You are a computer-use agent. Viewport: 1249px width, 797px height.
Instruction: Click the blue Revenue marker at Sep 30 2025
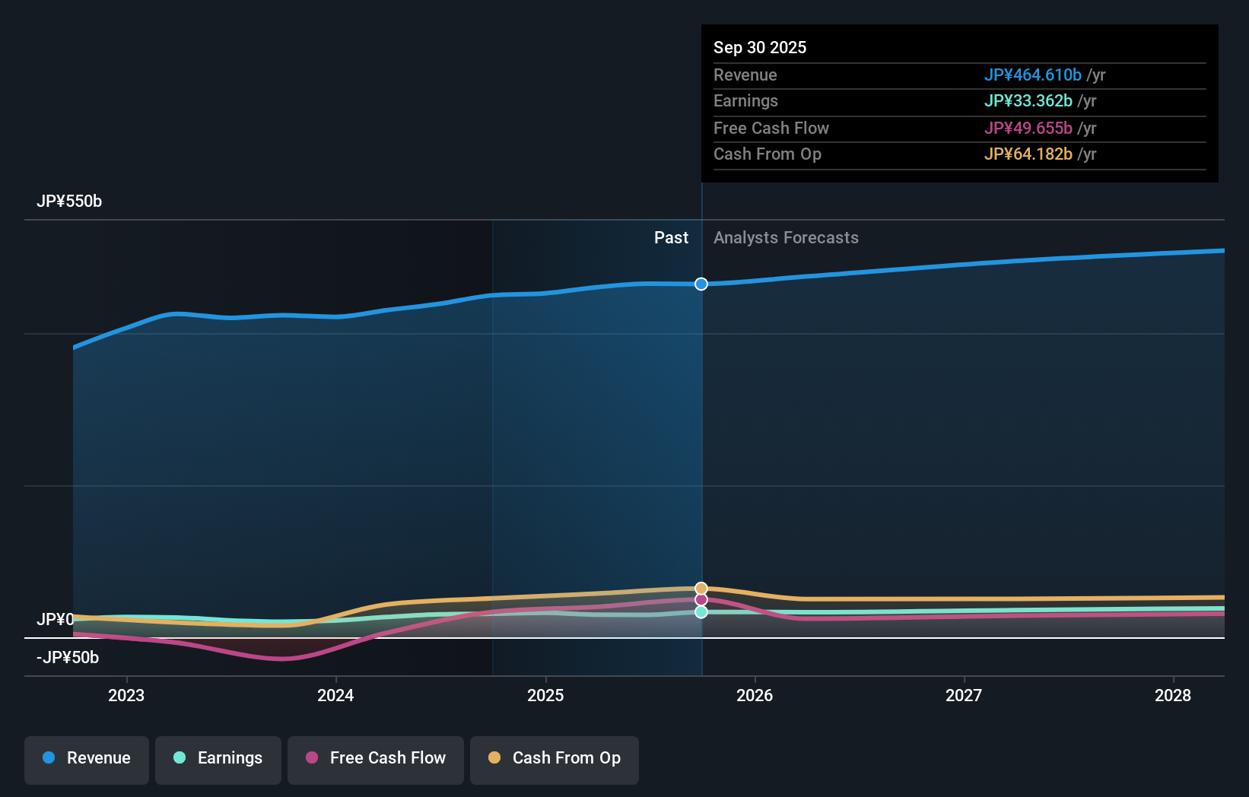click(x=701, y=284)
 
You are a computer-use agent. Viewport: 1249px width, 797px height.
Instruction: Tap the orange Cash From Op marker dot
click(x=701, y=589)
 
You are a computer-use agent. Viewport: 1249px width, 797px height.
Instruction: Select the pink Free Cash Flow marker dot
click(x=701, y=600)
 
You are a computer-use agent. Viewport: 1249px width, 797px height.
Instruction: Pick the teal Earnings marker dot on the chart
click(x=701, y=612)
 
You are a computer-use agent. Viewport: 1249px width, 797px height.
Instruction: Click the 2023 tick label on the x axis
click(x=126, y=695)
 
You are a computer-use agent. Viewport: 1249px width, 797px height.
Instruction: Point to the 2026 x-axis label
click(x=755, y=695)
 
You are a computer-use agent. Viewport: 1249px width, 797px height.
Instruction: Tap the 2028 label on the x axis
click(x=1173, y=695)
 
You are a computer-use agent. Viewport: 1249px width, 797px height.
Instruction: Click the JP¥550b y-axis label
click(x=69, y=202)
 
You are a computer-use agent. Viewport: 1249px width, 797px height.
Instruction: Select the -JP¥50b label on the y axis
click(x=68, y=657)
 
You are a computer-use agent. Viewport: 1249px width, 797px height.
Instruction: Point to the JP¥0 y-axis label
click(x=56, y=619)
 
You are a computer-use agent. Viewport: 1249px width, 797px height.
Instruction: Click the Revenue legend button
click(x=87, y=758)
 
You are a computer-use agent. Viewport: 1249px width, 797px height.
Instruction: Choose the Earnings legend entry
click(x=218, y=758)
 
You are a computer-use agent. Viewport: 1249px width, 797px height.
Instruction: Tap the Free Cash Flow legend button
click(x=376, y=758)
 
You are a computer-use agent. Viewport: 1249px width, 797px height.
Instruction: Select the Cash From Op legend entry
click(x=555, y=758)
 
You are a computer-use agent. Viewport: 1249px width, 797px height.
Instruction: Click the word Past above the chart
click(x=671, y=238)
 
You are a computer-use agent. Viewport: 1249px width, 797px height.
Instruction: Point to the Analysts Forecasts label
click(x=786, y=238)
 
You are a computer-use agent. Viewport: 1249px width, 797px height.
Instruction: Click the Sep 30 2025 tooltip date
click(x=760, y=47)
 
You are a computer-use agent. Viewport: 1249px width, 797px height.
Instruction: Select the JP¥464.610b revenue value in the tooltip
click(x=1032, y=75)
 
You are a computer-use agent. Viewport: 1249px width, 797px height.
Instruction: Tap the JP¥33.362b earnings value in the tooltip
click(x=1028, y=101)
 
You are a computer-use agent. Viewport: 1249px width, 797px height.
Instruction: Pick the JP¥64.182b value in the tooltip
click(x=1028, y=154)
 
